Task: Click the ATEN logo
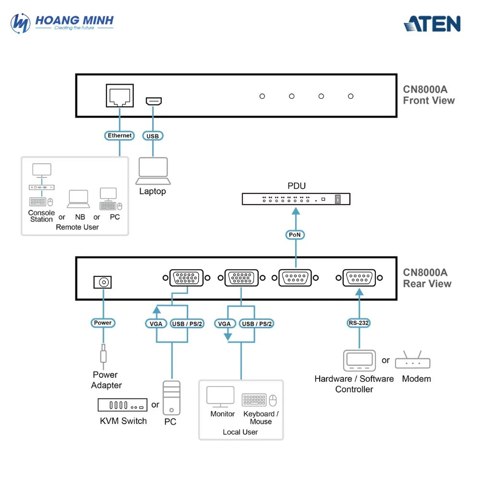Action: point(432,24)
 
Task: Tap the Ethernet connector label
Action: point(120,136)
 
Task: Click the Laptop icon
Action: point(153,171)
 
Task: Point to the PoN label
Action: point(295,235)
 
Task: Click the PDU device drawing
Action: point(296,199)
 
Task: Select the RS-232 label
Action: point(359,323)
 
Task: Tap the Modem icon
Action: point(413,361)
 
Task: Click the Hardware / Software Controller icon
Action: point(359,361)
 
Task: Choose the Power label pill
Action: point(103,323)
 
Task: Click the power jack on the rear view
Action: point(102,282)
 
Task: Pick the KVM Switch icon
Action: point(123,405)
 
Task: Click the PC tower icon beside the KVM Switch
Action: point(171,397)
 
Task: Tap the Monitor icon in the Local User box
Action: point(220,396)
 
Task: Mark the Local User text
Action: point(240,432)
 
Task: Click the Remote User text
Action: point(77,227)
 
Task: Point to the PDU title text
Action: point(296,186)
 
